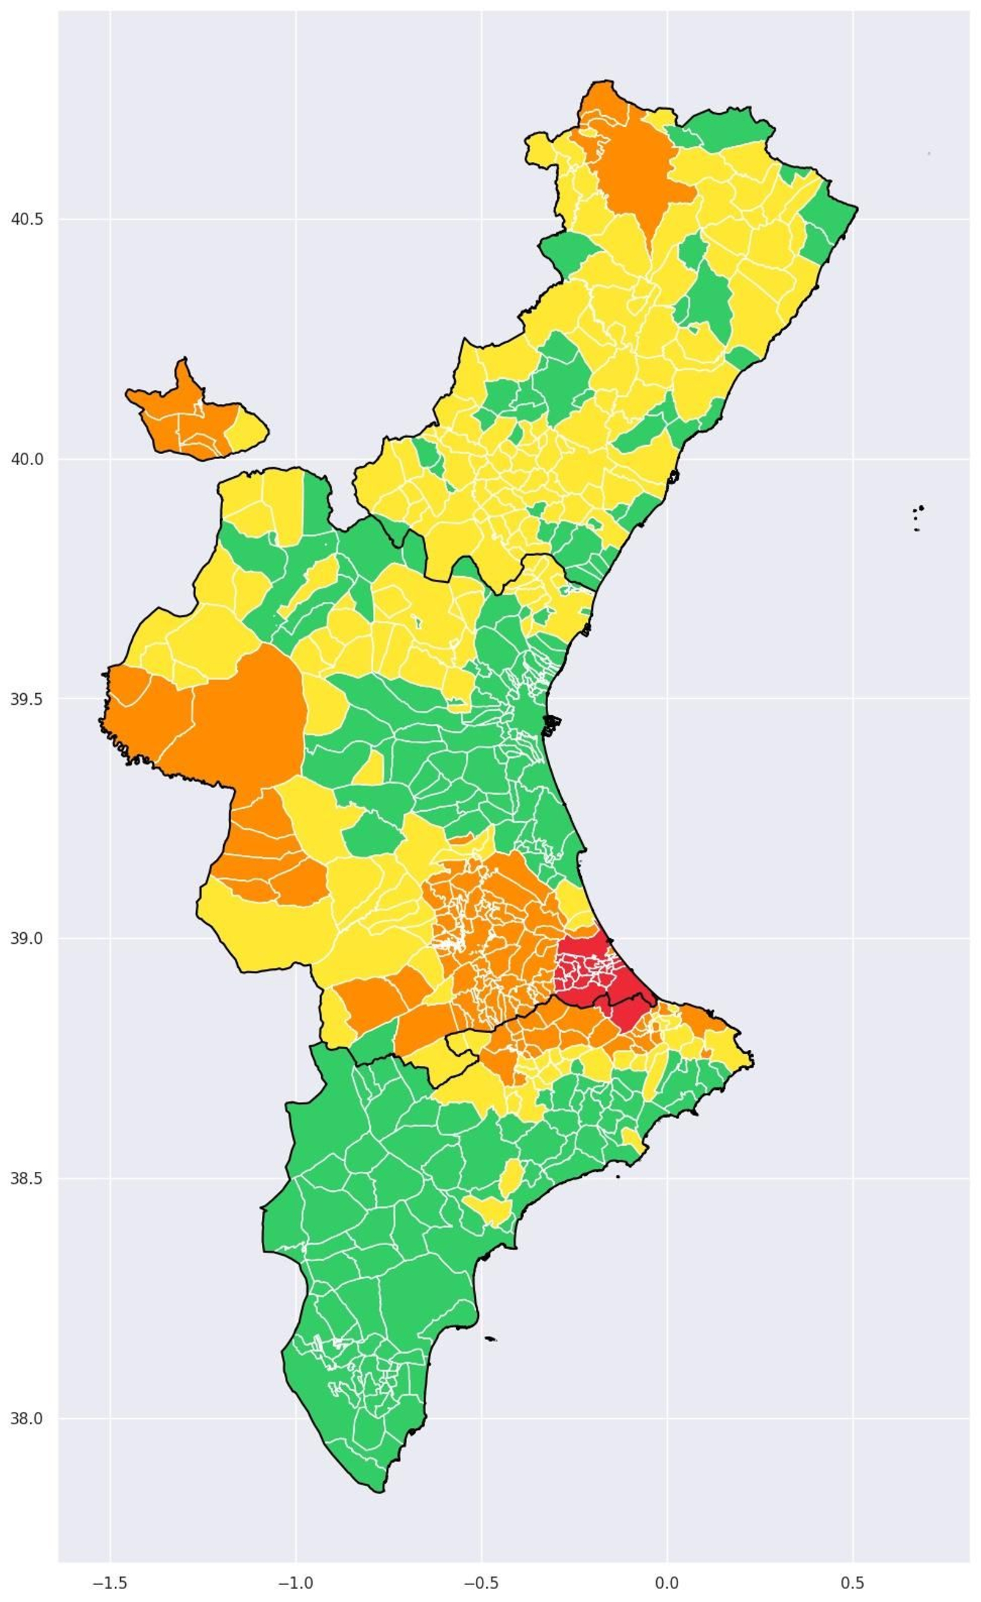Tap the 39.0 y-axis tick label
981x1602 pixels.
point(28,938)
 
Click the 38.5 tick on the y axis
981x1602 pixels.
point(28,1178)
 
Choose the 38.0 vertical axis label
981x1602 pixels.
point(28,1418)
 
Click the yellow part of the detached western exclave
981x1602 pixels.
point(246,428)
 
